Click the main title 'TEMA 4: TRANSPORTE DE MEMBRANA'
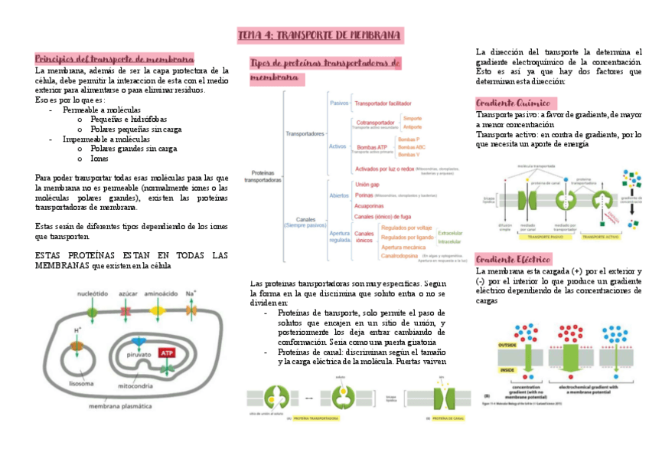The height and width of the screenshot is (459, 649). pyautogui.click(x=320, y=36)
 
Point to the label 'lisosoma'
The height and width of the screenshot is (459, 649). pyautogui.click(x=81, y=382)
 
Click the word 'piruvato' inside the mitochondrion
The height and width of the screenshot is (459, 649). pyautogui.click(x=138, y=355)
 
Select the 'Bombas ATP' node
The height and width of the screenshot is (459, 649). pyautogui.click(x=372, y=146)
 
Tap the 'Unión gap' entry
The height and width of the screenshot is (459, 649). pyautogui.click(x=368, y=185)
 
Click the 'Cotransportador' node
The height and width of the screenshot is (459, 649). pyautogui.click(x=376, y=122)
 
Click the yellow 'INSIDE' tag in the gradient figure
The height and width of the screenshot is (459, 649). pyautogui.click(x=505, y=369)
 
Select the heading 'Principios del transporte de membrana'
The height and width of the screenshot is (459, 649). pyautogui.click(x=115, y=59)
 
